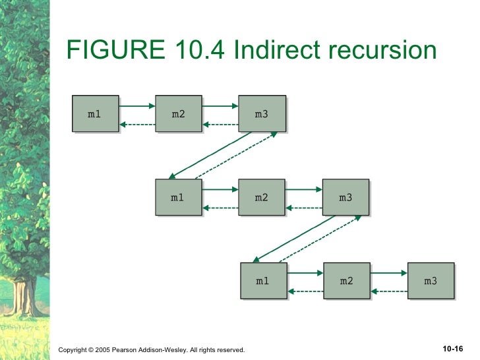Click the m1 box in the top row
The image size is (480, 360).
click(95, 114)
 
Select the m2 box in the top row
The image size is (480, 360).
click(178, 114)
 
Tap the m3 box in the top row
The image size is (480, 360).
click(262, 114)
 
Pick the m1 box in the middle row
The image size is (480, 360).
click(178, 197)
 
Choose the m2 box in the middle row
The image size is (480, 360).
click(262, 197)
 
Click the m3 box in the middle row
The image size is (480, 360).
click(345, 197)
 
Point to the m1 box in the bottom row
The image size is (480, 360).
click(263, 281)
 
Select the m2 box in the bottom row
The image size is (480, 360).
click(347, 281)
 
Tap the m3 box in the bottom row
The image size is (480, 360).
click(431, 281)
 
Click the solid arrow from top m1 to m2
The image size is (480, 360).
click(137, 105)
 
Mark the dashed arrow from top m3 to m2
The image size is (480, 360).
click(220, 125)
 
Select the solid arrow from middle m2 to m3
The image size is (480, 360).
click(304, 189)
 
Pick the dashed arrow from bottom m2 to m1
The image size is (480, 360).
click(305, 291)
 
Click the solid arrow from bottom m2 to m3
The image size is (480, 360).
click(389, 272)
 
